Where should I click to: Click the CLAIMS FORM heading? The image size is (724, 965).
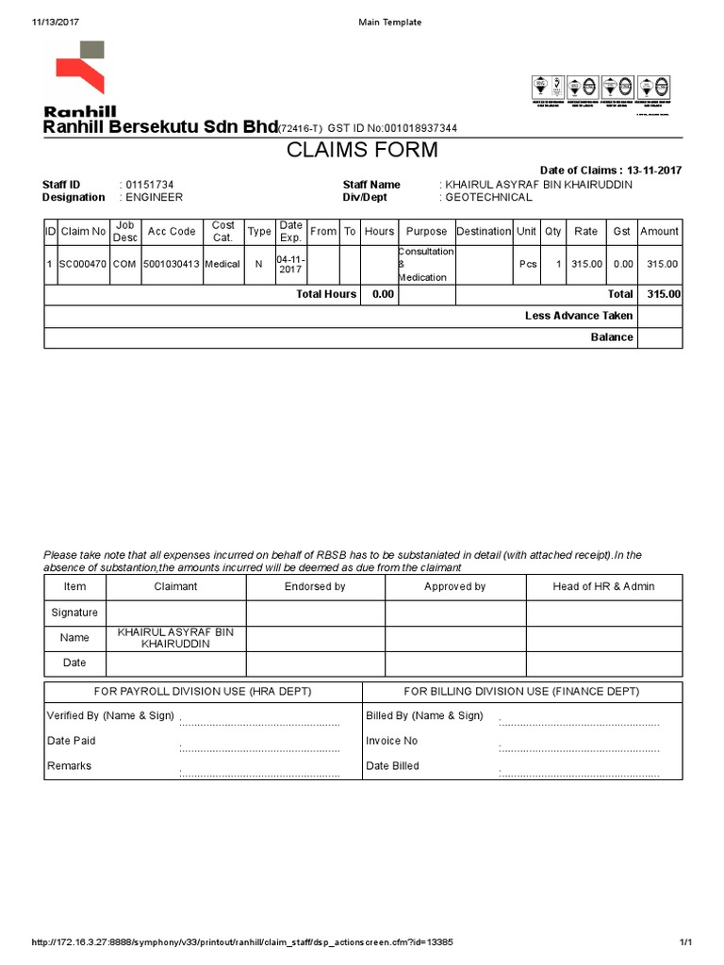(x=362, y=151)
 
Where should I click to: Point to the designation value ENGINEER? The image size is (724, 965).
(x=154, y=198)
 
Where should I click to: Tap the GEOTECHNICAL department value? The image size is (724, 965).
(x=488, y=198)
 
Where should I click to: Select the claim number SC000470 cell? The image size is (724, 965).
(x=83, y=265)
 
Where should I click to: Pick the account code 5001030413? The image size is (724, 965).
(x=172, y=265)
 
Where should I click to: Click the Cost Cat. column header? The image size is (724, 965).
(x=223, y=232)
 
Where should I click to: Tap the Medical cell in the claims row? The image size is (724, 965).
(x=223, y=265)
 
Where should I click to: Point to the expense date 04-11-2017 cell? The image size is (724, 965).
(x=290, y=264)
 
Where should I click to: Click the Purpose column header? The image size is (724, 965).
(x=426, y=232)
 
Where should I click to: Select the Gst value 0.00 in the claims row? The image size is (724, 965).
(x=622, y=265)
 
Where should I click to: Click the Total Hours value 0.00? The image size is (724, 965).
(x=383, y=294)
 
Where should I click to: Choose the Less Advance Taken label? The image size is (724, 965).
(x=578, y=316)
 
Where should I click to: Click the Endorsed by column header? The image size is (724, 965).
(x=315, y=586)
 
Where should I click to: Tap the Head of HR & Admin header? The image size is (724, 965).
(x=603, y=586)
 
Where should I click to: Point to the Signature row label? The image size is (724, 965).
(x=74, y=613)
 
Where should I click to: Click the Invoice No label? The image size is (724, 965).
(x=391, y=741)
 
